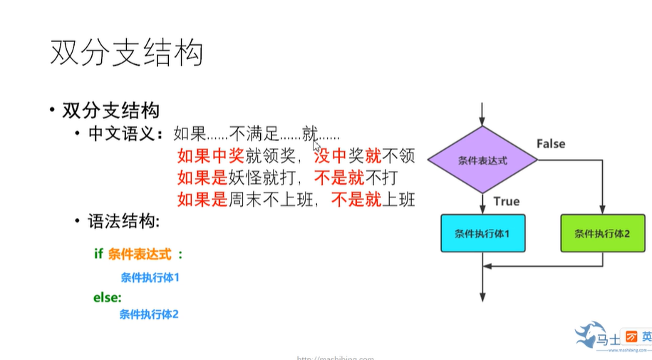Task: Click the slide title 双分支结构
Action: (127, 53)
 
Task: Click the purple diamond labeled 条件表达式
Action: (482, 160)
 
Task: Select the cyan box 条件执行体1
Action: (482, 233)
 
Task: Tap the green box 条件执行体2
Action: (602, 233)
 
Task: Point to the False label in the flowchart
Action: (551, 143)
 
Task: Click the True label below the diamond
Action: (506, 201)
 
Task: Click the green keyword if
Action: (98, 253)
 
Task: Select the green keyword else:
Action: (107, 297)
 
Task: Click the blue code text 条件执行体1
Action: (150, 277)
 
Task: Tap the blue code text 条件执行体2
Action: (149, 314)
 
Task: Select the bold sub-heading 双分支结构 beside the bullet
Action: (110, 110)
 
